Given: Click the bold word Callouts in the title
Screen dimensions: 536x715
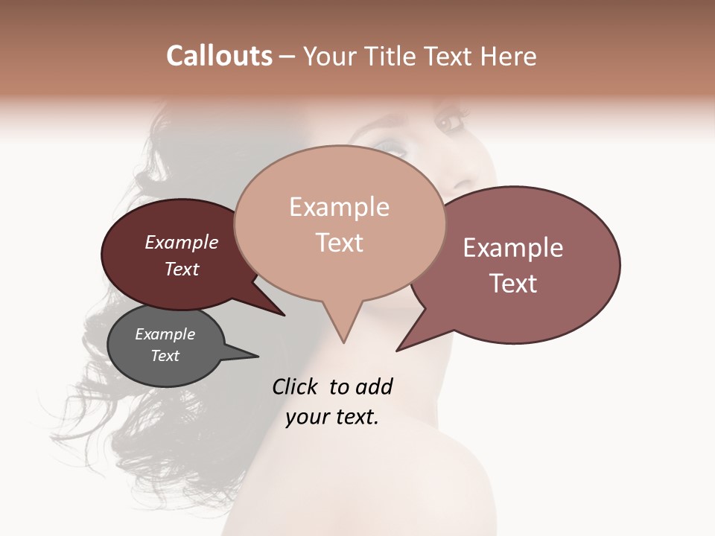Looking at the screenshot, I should (219, 56).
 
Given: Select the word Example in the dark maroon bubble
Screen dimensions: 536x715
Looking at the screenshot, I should (182, 242).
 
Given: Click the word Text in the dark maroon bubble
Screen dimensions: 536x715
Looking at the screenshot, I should (182, 269).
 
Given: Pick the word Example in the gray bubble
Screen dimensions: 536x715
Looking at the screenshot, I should (165, 334).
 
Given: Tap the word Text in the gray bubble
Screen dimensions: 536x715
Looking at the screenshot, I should (165, 356).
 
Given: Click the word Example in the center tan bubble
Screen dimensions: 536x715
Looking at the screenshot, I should (339, 207).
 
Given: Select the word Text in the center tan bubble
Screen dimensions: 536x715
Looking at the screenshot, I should (339, 243).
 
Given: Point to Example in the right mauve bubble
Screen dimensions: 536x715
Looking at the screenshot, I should (513, 248).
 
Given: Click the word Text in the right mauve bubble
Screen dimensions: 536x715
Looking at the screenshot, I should (513, 284).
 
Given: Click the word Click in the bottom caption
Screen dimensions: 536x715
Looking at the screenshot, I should (295, 386).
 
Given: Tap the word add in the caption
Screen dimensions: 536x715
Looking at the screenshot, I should (373, 386).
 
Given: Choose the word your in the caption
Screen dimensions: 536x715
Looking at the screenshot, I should (306, 417).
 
